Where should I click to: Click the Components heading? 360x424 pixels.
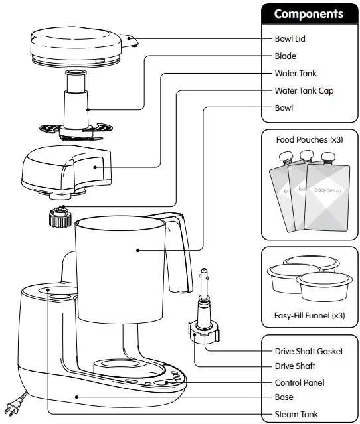click(x=308, y=14)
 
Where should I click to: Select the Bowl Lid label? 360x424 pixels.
click(x=290, y=39)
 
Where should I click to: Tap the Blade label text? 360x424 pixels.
click(x=285, y=56)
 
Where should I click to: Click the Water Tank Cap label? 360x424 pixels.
click(x=304, y=91)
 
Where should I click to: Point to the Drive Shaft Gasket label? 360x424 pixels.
click(x=309, y=351)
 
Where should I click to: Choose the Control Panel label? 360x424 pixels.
click(x=300, y=383)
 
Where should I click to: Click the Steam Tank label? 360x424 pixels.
click(x=296, y=415)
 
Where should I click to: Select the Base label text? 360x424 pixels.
click(x=284, y=398)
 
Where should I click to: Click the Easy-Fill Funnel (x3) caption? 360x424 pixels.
click(x=310, y=315)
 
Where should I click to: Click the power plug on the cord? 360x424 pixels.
click(x=14, y=404)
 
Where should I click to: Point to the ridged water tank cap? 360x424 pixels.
click(x=60, y=217)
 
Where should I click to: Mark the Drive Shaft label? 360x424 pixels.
click(x=294, y=366)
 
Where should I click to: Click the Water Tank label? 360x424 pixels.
click(x=296, y=74)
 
